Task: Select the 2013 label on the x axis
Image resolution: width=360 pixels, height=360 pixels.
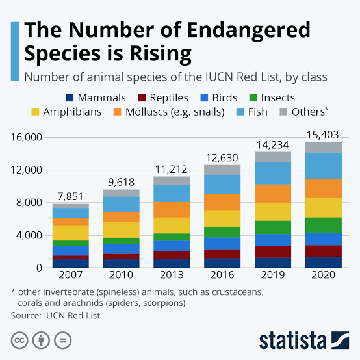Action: pyautogui.click(x=172, y=276)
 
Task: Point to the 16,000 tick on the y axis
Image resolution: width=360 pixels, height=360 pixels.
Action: pyautogui.click(x=25, y=138)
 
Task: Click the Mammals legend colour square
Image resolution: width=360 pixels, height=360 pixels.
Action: pyautogui.click(x=70, y=98)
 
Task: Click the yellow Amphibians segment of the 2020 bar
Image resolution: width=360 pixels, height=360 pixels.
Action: pyautogui.click(x=323, y=207)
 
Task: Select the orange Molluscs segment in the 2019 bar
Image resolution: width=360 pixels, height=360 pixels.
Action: pyautogui.click(x=272, y=193)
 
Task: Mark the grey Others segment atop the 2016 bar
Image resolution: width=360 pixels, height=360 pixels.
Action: pyautogui.click(x=222, y=170)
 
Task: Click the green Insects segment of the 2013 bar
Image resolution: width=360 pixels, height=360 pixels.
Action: pyautogui.click(x=172, y=237)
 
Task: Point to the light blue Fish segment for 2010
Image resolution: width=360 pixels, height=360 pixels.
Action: pyautogui.click(x=121, y=204)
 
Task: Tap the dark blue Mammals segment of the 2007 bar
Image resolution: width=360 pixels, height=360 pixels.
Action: pyautogui.click(x=71, y=263)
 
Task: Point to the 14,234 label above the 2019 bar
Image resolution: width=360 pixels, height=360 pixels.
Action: pyautogui.click(x=272, y=145)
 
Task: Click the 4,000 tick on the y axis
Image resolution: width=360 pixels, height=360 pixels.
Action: pyautogui.click(x=29, y=235)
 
